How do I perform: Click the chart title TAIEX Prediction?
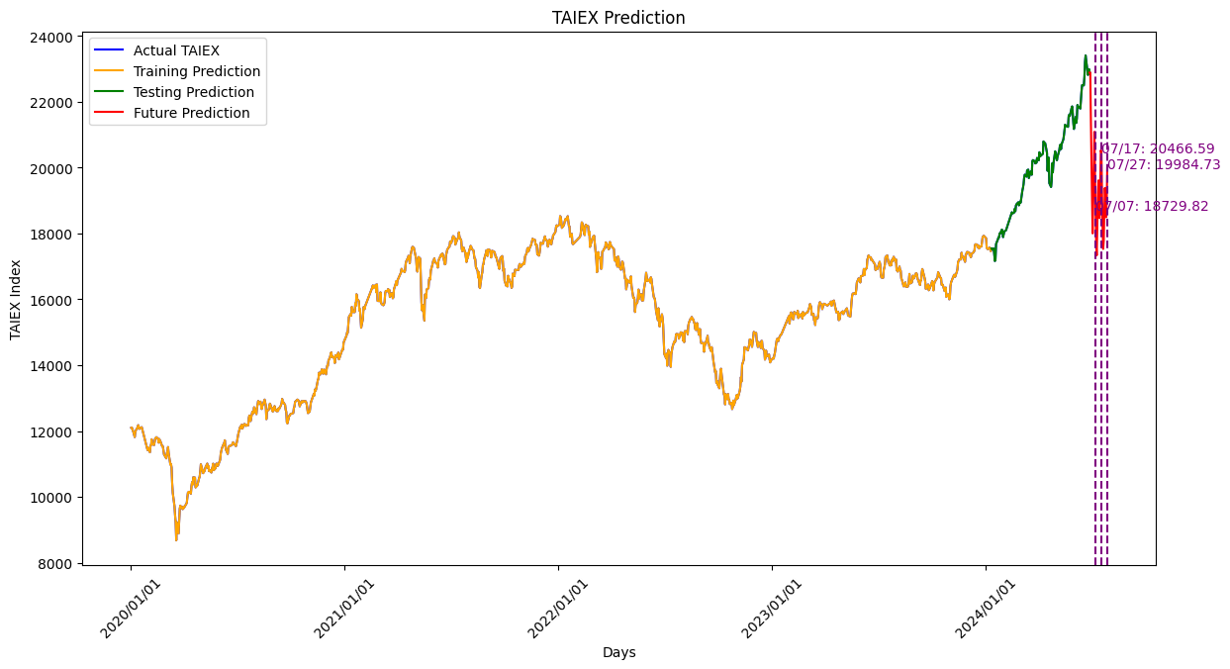tap(618, 18)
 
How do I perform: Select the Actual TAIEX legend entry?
tap(176, 50)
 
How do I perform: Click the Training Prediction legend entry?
tap(196, 71)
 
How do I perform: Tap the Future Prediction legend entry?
tap(191, 113)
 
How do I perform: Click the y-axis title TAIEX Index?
tap(16, 300)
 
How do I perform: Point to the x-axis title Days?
tap(618, 653)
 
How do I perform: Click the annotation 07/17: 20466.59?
tap(1158, 148)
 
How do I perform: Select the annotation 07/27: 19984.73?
tap(1164, 165)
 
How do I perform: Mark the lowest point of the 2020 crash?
tap(176, 538)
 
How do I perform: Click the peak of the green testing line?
tap(1085, 55)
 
